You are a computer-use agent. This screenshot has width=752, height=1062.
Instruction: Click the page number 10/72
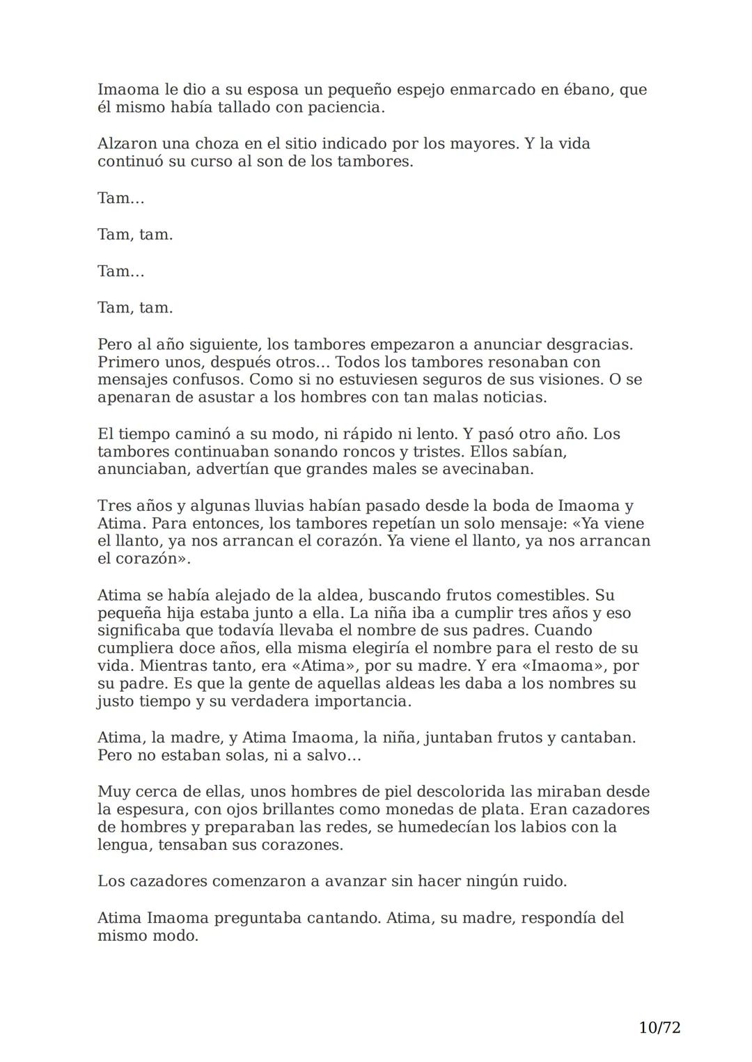(x=659, y=1027)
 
